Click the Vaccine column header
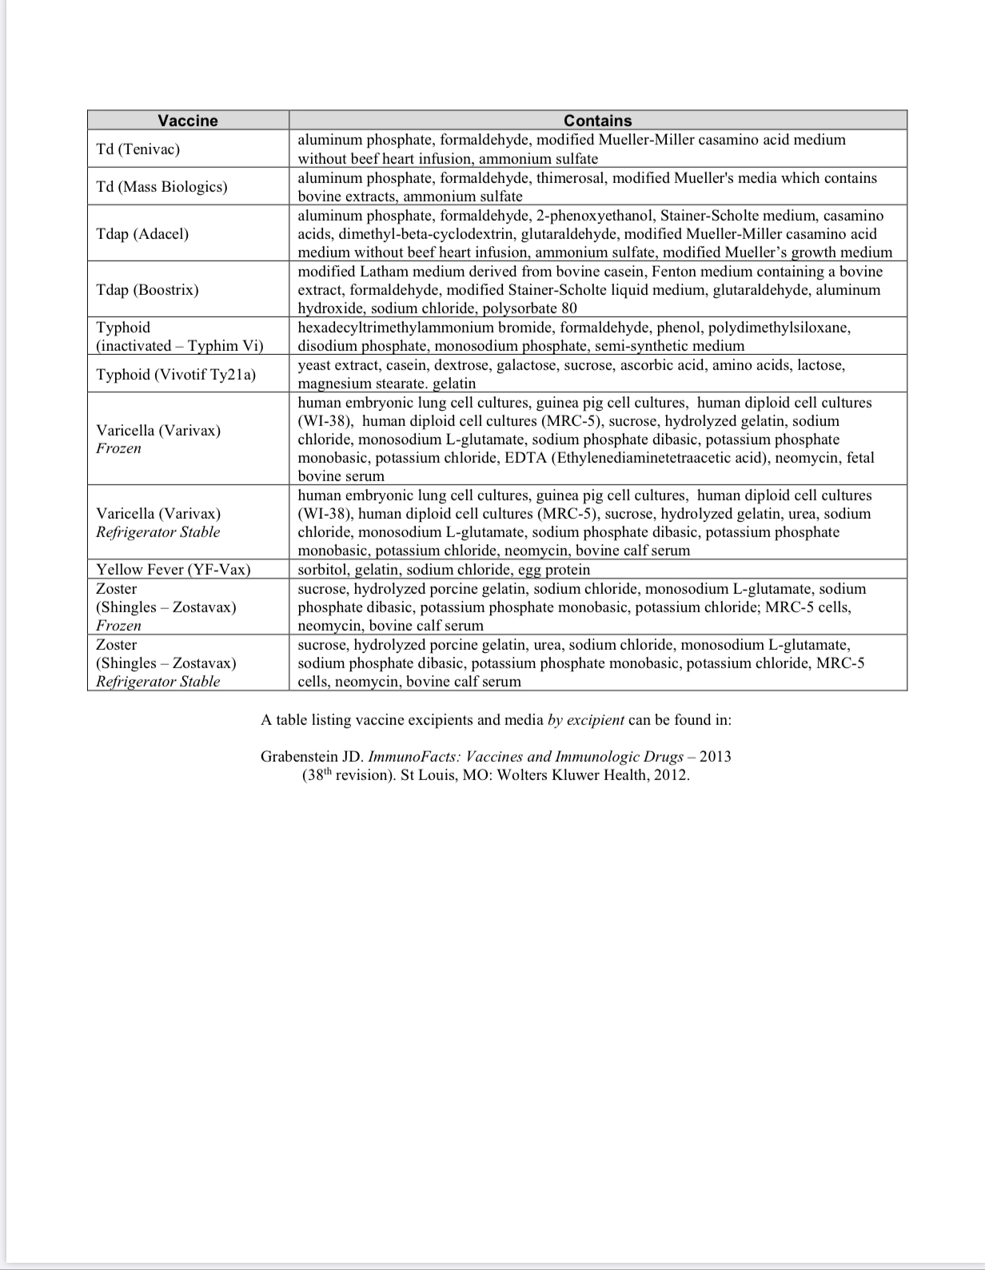point(187,121)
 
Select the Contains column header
point(597,121)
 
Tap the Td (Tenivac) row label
point(138,149)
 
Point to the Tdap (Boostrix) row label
point(147,289)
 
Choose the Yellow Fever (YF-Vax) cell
point(173,570)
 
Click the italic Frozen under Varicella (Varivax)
point(118,448)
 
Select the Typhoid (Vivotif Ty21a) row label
point(176,375)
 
